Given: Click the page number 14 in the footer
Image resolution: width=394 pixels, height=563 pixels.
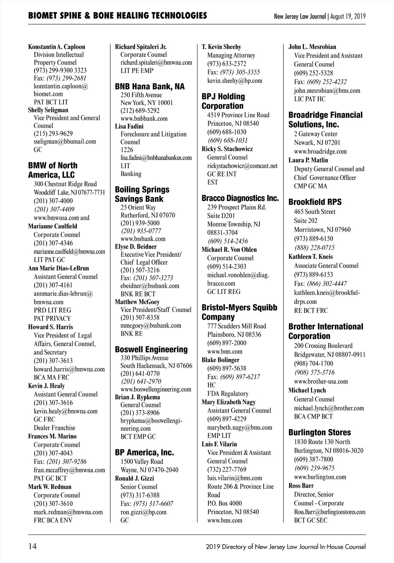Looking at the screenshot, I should click(x=33, y=547).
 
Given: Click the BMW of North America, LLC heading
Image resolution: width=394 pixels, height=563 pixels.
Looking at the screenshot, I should click(x=53, y=170).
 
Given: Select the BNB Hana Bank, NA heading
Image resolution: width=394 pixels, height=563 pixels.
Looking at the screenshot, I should click(x=150, y=87).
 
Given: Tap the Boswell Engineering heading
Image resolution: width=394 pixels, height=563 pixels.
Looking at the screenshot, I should click(x=151, y=349).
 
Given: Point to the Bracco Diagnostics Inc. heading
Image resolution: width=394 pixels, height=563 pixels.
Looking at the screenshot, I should click(x=240, y=198).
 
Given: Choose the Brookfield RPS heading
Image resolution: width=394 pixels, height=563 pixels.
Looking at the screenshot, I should click(x=315, y=202).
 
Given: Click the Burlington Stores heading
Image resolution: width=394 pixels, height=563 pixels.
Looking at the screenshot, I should click(x=319, y=433).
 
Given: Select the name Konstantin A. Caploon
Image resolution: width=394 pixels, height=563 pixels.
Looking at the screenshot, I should click(x=56, y=47).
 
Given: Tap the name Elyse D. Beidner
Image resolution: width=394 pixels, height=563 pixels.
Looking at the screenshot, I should click(x=136, y=247).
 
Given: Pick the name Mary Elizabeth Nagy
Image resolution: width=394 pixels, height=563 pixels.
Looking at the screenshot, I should click(x=229, y=402).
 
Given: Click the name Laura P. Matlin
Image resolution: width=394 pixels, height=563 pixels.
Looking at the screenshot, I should click(x=308, y=160).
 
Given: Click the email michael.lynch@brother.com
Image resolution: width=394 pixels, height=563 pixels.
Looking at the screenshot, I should click(x=329, y=408).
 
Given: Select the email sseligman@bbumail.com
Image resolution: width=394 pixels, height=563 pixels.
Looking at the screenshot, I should click(x=65, y=142).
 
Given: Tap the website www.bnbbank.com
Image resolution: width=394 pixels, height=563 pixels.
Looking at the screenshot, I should click(x=144, y=119).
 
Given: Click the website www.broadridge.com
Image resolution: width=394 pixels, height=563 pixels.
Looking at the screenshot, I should click(x=320, y=151).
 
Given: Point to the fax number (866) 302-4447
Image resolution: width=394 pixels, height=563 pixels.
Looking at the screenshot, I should click(x=327, y=283).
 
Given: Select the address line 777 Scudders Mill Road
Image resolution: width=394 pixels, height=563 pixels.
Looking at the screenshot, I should click(x=237, y=326).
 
